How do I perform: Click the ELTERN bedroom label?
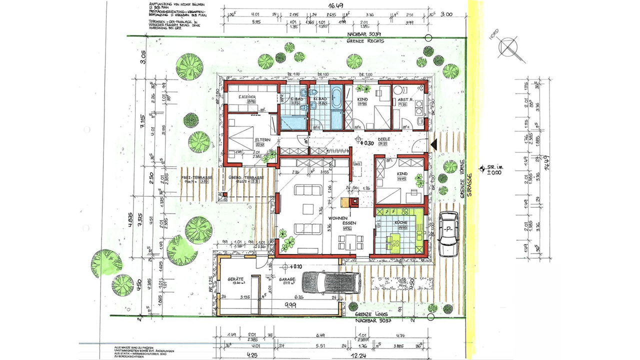pyautogui.click(x=262, y=139)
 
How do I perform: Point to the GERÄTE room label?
pyautogui.click(x=235, y=279)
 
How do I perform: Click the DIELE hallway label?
pyautogui.click(x=384, y=139)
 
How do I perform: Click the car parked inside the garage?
pyautogui.click(x=332, y=282)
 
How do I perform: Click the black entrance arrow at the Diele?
pyautogui.click(x=433, y=144)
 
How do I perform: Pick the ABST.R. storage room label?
pyautogui.click(x=404, y=99)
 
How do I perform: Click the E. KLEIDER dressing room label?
pyautogui.click(x=247, y=96)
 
